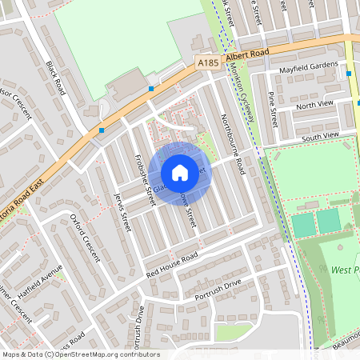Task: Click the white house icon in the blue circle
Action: click(180, 172)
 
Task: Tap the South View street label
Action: click(320, 137)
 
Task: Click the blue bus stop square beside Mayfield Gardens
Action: click(350, 74)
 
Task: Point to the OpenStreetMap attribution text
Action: click(80, 354)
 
